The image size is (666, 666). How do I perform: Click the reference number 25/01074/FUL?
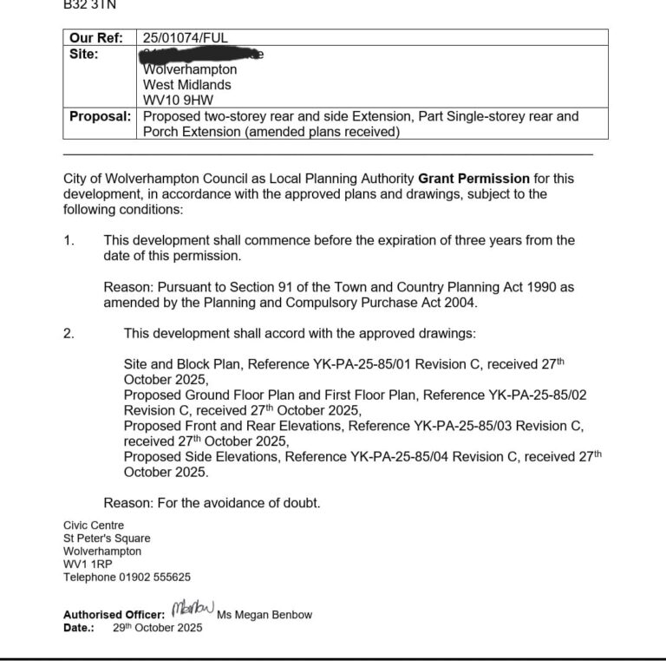point(186,38)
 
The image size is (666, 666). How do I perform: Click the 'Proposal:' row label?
point(100,116)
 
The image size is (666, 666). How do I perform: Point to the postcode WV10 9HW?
point(178,101)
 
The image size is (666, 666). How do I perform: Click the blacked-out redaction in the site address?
point(201,54)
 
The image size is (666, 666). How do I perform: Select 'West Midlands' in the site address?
point(187,85)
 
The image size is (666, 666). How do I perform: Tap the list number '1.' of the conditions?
point(69,240)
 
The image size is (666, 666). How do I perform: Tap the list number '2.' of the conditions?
point(69,334)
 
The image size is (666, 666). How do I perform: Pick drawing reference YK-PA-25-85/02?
point(538,395)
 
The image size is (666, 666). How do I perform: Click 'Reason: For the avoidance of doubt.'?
point(212,503)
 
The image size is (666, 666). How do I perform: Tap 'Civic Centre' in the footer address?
point(94,526)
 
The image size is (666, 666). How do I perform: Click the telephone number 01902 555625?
point(153,577)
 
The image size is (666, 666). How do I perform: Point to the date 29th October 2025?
point(157,628)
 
